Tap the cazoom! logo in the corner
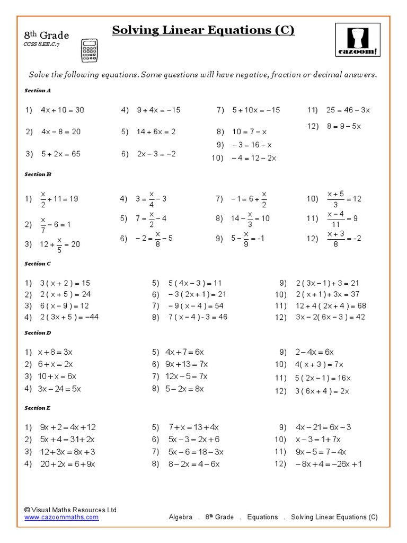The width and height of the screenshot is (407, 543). pos(357,38)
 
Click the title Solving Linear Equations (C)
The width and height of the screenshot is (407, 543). pos(203,30)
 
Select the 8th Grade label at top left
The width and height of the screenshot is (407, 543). pos(47,36)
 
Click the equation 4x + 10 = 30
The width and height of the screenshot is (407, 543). pos(63,110)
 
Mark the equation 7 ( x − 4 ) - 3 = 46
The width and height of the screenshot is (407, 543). pos(197,317)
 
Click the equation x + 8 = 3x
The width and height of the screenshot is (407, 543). pos(55,352)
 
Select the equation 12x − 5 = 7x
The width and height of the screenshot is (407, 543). pos(187,376)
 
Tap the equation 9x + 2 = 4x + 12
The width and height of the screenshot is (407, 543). pos(68,427)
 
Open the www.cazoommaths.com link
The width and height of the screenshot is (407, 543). pos(61,517)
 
